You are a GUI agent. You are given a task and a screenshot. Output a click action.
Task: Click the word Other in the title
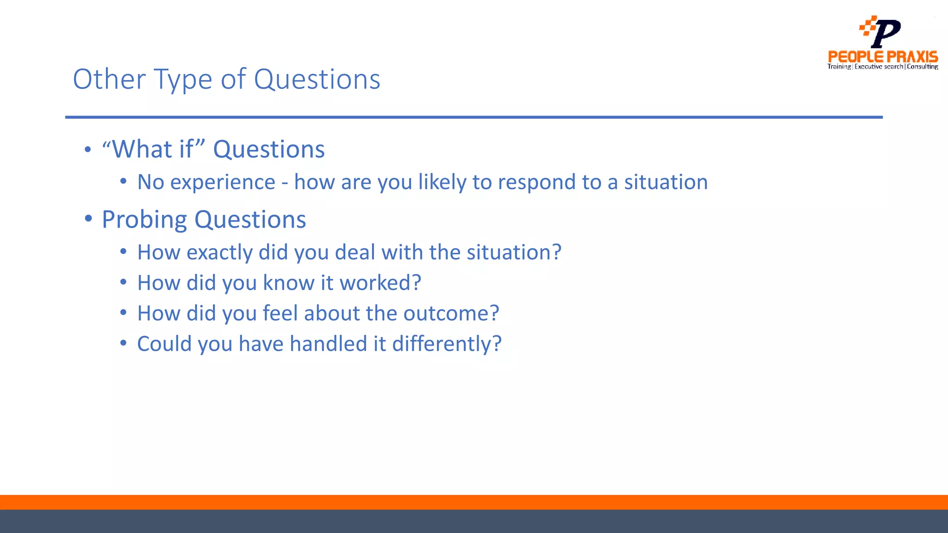(x=109, y=79)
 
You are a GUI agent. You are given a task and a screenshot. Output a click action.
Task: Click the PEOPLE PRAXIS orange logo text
(x=882, y=57)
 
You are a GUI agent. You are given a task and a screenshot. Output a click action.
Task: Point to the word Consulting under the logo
(x=922, y=67)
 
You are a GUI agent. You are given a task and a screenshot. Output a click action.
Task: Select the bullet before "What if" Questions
(x=88, y=150)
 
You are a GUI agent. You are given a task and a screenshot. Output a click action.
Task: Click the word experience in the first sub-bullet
(x=223, y=182)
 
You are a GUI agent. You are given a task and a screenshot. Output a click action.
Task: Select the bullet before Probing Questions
(x=88, y=218)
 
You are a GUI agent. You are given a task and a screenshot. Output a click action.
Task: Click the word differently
(x=446, y=344)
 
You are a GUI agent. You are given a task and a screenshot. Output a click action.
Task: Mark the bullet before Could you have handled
(x=123, y=343)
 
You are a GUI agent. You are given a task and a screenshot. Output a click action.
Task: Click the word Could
(x=164, y=344)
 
